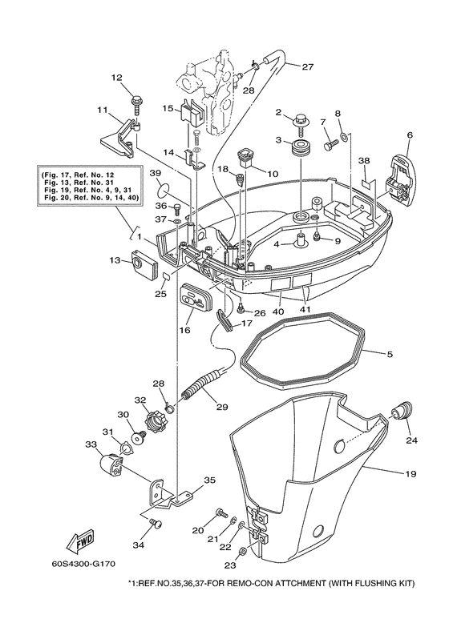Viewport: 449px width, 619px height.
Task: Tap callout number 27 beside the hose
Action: (308, 66)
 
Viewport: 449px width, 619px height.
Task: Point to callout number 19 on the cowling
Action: (410, 474)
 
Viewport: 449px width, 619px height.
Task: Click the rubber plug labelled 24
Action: (396, 413)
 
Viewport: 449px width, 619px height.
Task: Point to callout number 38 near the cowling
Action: (364, 161)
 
